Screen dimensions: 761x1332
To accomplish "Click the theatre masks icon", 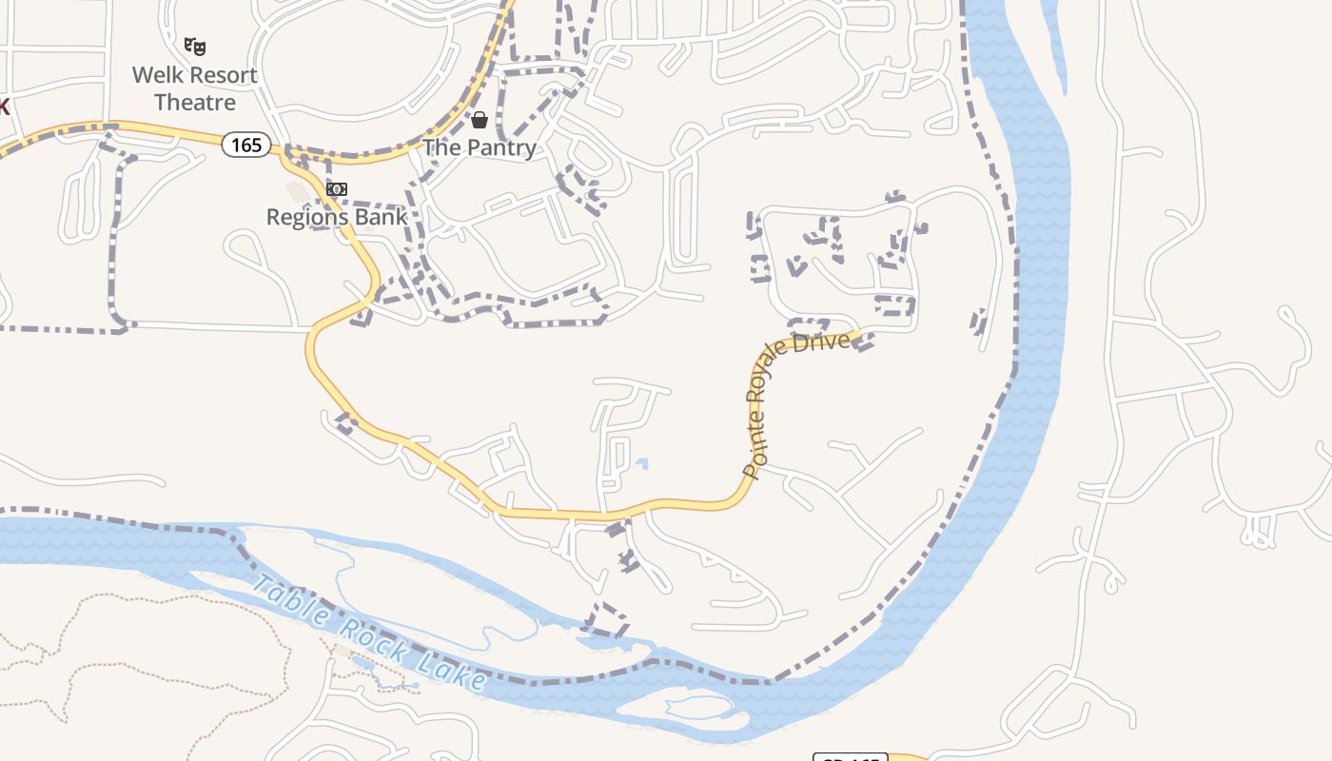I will click(x=195, y=46).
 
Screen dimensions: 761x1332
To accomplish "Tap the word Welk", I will click(x=157, y=75).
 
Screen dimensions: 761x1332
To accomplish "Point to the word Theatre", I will click(x=195, y=102).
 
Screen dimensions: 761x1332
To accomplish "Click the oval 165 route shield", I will click(x=246, y=145).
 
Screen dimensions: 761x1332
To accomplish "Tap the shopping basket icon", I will click(x=480, y=120).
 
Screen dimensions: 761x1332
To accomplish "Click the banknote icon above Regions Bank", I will click(x=336, y=189).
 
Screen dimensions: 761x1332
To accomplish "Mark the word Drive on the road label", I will click(x=821, y=341).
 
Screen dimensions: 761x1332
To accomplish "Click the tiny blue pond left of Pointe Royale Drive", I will click(x=642, y=464).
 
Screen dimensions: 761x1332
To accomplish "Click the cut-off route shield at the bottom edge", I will click(x=850, y=756).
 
